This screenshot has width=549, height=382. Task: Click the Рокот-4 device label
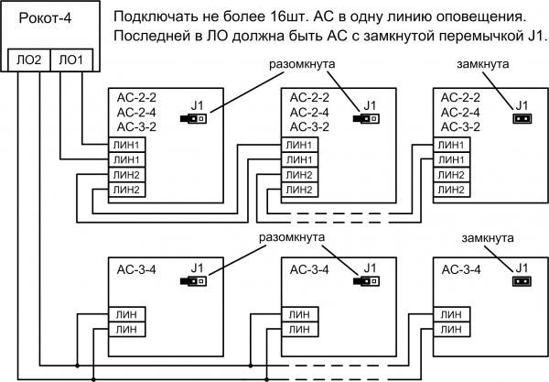point(45,17)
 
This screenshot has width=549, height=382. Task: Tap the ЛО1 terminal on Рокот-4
point(71,60)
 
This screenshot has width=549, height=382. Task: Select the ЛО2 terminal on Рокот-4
point(29,60)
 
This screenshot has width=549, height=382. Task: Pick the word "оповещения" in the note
point(482,17)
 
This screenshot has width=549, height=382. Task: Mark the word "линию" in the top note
point(410,16)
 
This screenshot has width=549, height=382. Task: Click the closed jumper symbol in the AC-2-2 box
point(522,118)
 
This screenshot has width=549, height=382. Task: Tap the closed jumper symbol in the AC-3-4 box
point(522,281)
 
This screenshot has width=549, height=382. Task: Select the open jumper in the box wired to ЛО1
point(193,118)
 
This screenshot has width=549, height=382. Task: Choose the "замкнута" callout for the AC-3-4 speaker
point(488,238)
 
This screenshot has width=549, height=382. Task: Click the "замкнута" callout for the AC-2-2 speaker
point(483,64)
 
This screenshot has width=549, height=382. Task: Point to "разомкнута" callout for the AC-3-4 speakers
point(292,237)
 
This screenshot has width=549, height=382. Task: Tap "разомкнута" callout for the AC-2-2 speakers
point(302,64)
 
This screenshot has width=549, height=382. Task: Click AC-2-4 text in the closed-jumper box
point(460,112)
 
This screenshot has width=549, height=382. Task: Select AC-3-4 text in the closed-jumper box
point(461,269)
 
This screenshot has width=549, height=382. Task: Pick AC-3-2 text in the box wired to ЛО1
point(136,126)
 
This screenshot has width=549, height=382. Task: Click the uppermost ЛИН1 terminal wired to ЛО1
point(126,145)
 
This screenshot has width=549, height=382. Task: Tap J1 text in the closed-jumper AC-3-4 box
point(522,268)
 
